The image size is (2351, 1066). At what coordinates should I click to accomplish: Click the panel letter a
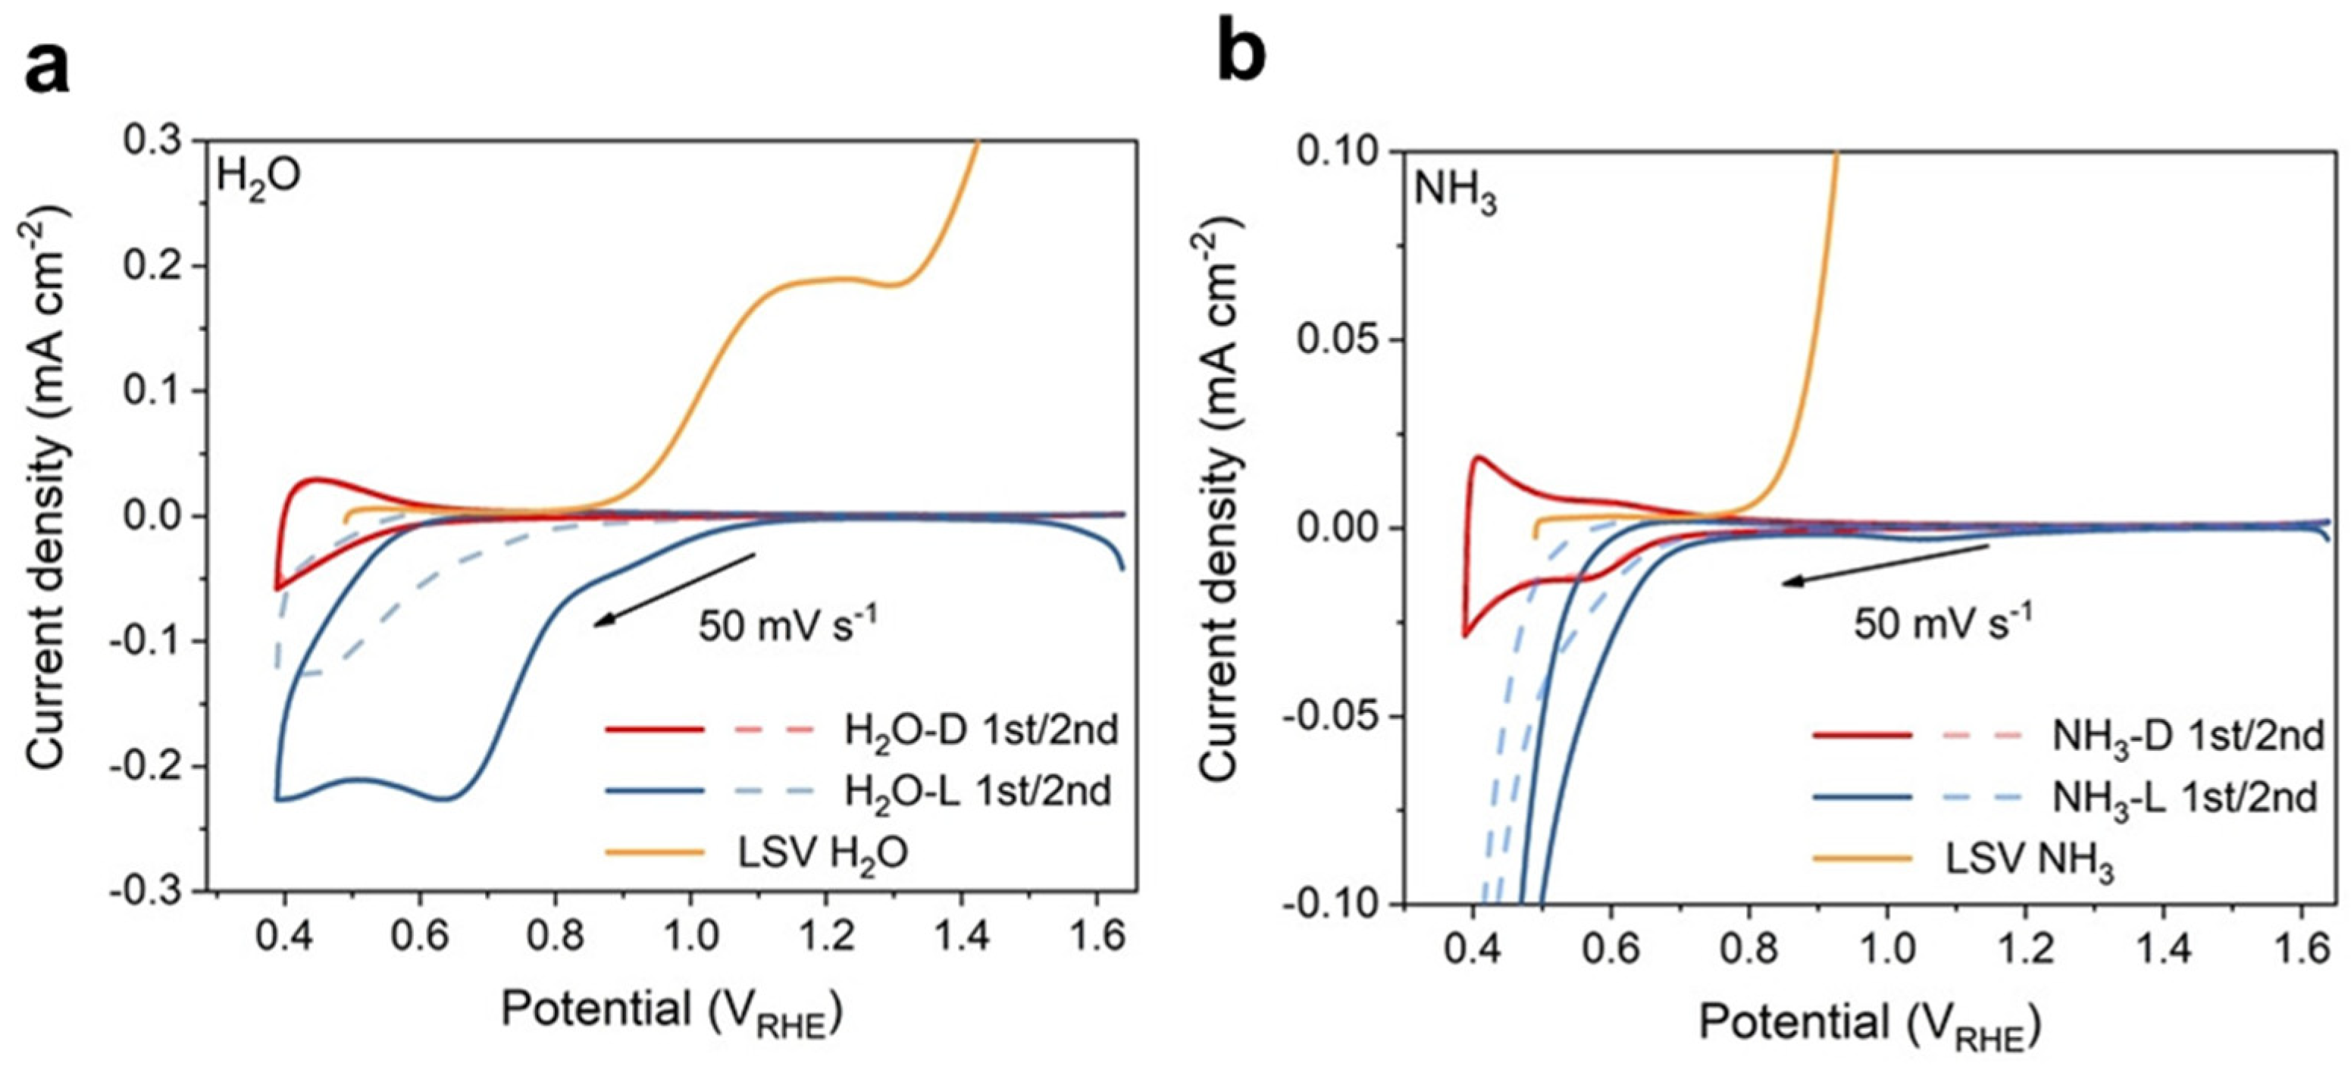coord(48,68)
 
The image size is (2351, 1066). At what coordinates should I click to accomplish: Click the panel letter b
coord(1243,55)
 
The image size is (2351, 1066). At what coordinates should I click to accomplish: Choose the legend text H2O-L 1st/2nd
coord(978,791)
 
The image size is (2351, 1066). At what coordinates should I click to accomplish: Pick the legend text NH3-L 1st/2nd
coord(2185,799)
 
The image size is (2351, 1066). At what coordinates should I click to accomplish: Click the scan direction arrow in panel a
coord(674,589)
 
